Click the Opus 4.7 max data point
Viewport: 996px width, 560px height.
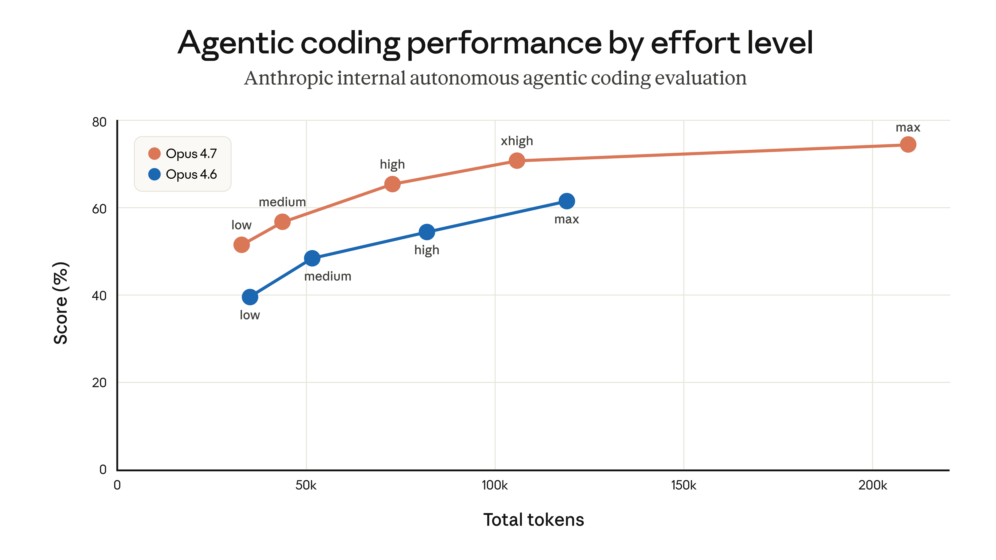(908, 145)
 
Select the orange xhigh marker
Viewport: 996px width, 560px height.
(517, 160)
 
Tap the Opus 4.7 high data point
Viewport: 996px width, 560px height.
(392, 184)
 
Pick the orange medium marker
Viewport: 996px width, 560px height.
(282, 222)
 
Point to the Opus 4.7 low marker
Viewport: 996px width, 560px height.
(241, 245)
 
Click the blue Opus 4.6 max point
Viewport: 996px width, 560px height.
(566, 201)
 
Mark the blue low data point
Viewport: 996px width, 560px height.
(250, 297)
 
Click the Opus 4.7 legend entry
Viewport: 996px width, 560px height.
(183, 153)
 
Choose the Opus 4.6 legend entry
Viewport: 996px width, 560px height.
(183, 174)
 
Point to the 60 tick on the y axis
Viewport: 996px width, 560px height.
(99, 209)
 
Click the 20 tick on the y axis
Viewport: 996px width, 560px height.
(99, 383)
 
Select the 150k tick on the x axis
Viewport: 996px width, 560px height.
(683, 485)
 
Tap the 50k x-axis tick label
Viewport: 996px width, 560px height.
(306, 485)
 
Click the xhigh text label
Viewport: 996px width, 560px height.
(517, 141)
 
